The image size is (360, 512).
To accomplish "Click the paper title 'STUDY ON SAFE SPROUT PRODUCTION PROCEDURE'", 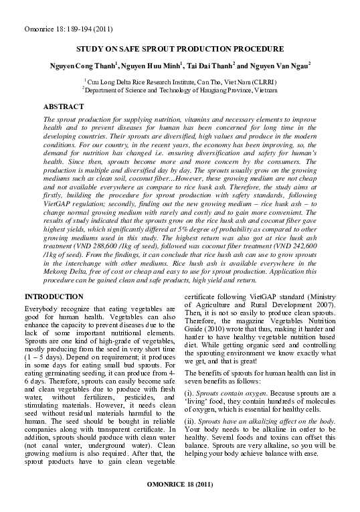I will [180, 50].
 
